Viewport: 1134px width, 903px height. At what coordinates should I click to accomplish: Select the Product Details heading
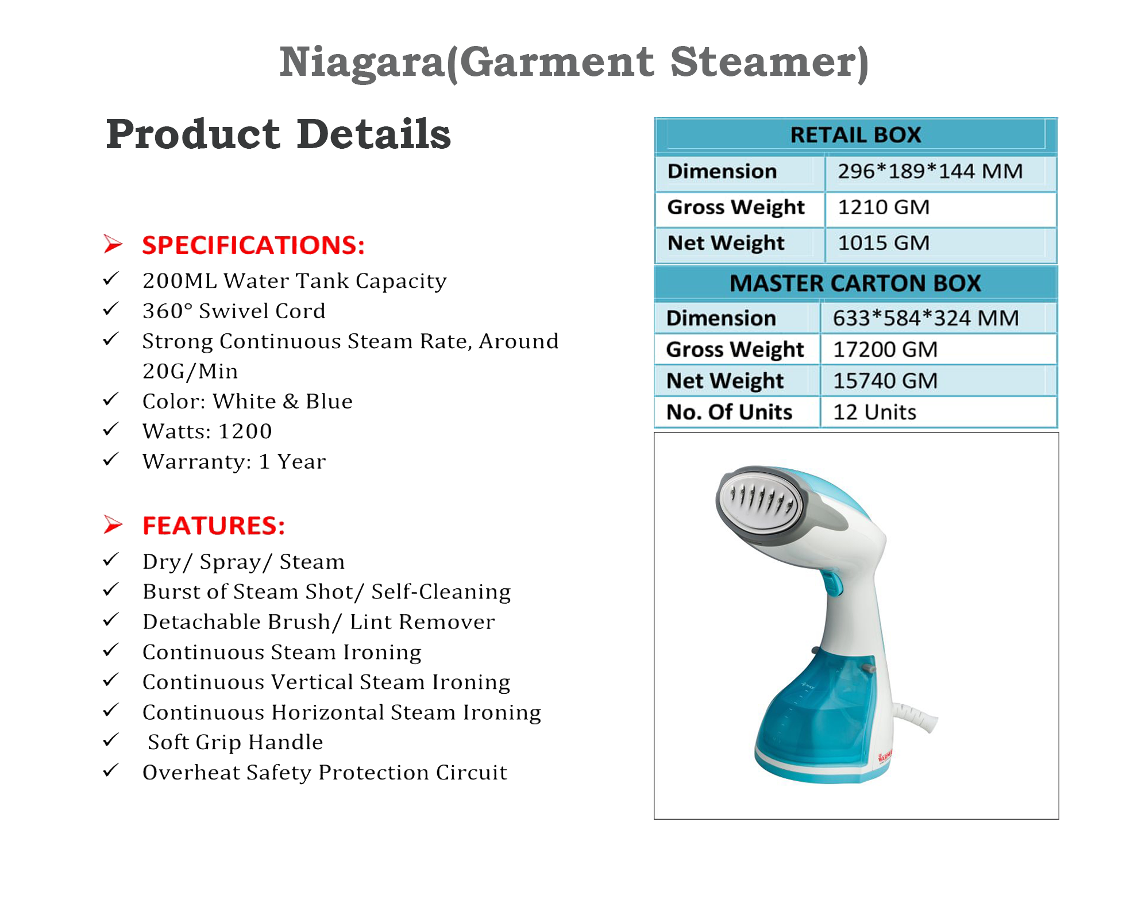[279, 134]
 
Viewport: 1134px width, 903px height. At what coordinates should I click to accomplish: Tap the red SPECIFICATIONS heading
[253, 245]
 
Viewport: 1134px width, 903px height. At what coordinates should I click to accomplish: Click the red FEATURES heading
[214, 526]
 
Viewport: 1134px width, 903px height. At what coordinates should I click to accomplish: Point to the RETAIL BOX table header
[855, 136]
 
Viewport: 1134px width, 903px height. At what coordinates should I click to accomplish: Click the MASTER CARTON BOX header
[855, 283]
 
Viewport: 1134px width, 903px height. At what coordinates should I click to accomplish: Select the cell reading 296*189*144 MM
[930, 171]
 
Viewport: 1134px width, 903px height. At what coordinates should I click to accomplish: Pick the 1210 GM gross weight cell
[884, 207]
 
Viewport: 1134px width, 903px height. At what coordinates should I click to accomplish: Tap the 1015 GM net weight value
[884, 243]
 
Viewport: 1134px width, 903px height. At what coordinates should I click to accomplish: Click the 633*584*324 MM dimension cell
[925, 318]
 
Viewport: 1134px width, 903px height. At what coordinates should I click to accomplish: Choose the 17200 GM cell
[885, 349]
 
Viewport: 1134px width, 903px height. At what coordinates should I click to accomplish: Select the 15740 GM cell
[885, 381]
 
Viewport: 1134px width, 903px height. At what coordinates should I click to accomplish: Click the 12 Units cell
[874, 412]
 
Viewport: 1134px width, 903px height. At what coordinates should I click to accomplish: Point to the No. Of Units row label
[729, 412]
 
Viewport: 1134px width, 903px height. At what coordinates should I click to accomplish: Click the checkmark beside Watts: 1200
[111, 429]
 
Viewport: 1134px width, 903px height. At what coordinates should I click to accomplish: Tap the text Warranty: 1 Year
[234, 461]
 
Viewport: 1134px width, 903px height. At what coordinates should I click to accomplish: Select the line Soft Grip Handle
[235, 742]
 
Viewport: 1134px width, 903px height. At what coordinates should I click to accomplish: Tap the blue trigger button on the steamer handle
[831, 583]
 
